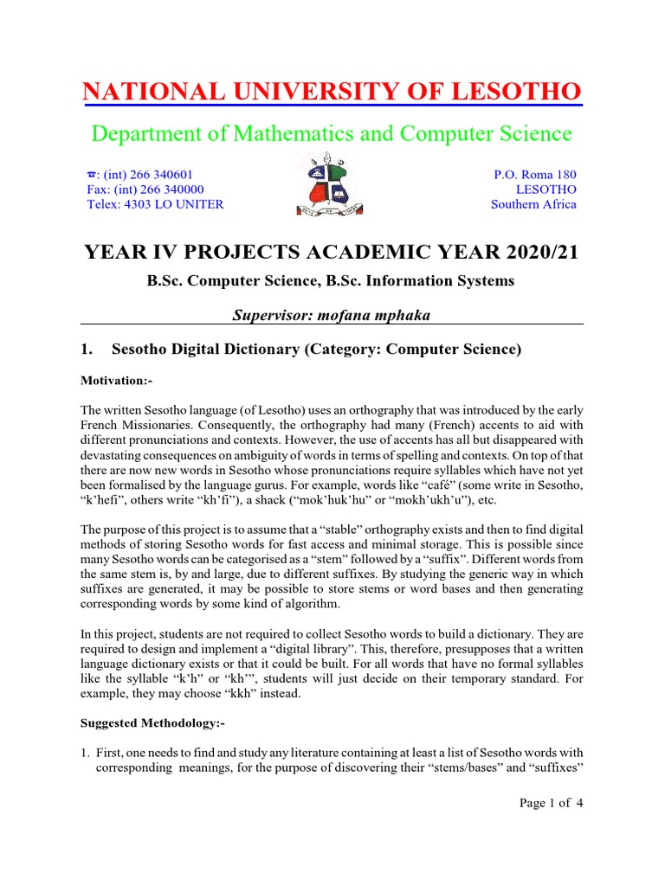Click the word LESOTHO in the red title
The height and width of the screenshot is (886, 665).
(x=514, y=91)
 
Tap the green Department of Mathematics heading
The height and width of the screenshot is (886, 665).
(x=332, y=133)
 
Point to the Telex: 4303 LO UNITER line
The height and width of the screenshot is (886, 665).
(x=155, y=204)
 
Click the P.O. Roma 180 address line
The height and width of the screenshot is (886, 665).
(x=534, y=174)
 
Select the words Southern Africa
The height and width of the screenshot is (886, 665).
(x=533, y=204)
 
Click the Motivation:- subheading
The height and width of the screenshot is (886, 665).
(x=115, y=380)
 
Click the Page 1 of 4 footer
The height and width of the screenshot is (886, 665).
(x=551, y=803)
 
